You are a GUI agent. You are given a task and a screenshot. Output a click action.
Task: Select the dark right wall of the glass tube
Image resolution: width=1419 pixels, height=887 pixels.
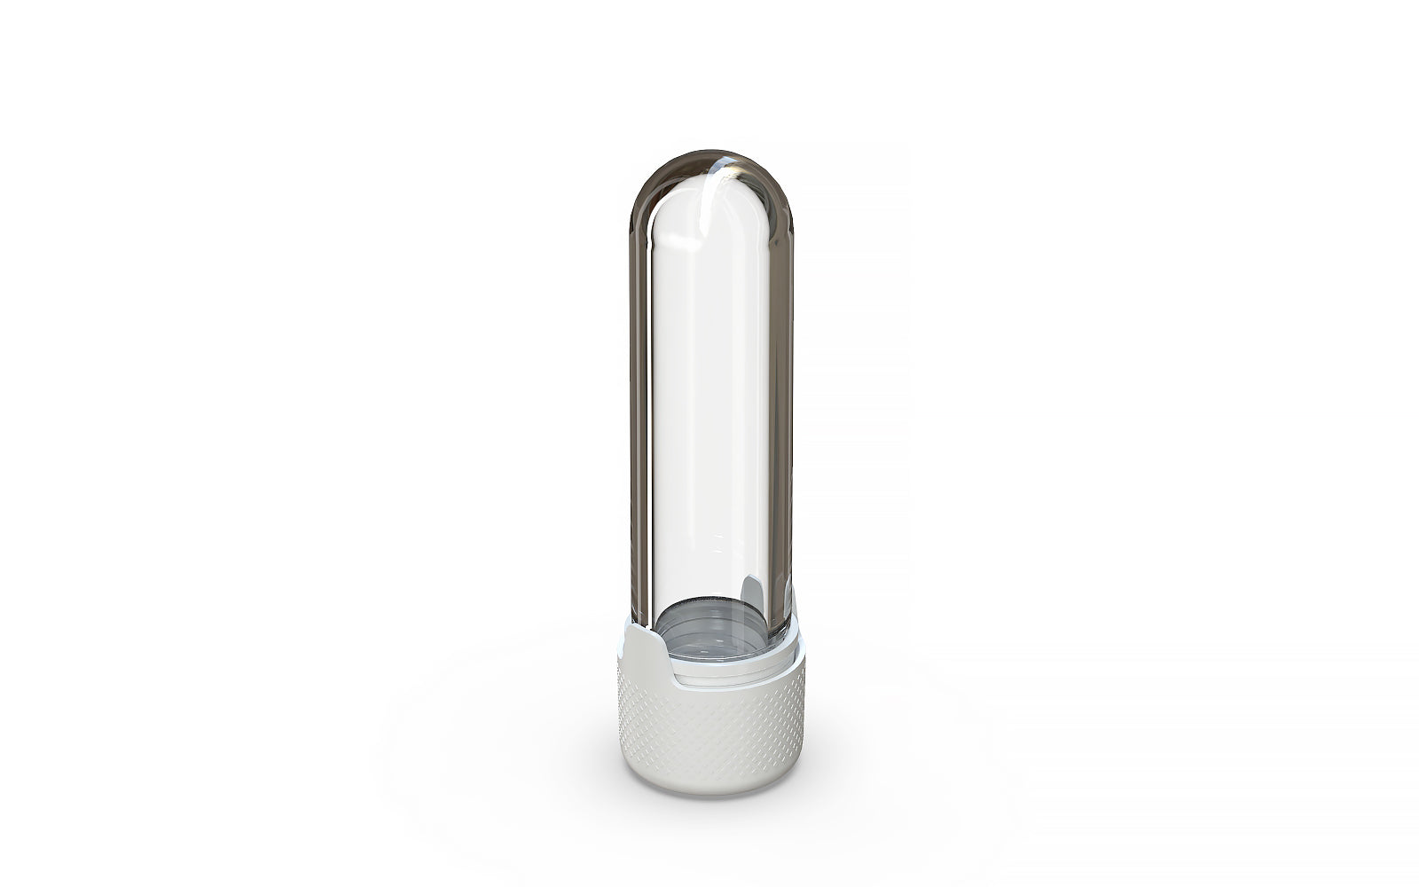click(x=781, y=399)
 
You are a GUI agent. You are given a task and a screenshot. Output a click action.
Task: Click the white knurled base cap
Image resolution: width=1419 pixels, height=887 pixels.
click(x=709, y=727)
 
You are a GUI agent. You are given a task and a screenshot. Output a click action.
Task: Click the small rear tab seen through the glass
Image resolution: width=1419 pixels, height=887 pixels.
click(x=751, y=590)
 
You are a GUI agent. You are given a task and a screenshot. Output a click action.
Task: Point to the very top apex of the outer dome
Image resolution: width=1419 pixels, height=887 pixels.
click(x=709, y=152)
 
